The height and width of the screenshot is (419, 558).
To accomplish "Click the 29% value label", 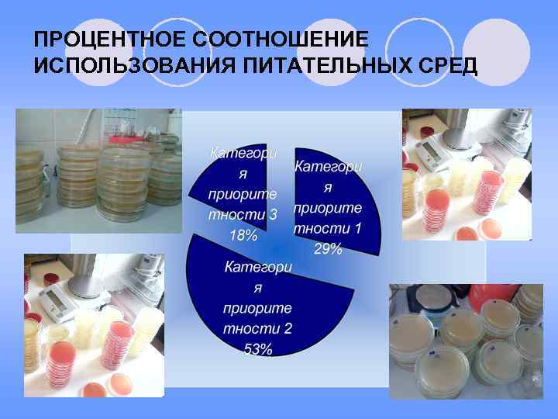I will click(x=329, y=248).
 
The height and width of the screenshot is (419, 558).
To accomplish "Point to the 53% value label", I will click(x=257, y=349).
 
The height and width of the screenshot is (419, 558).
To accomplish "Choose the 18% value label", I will click(x=243, y=235).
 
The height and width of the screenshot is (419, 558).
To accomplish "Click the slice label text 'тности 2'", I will click(x=257, y=328).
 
